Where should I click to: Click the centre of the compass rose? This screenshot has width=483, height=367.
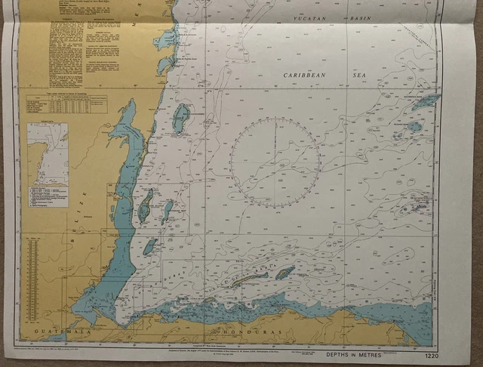(275, 162)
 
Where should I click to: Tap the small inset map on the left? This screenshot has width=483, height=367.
(47, 154)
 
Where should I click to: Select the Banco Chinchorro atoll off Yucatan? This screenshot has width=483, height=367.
(181, 117)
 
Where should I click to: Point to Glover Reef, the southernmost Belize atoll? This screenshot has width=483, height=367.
(149, 246)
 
